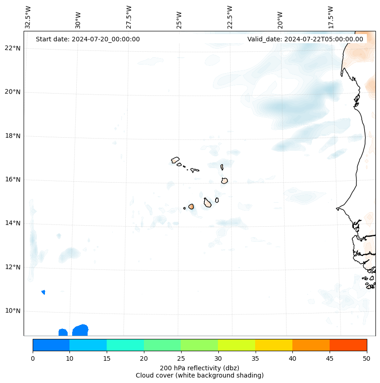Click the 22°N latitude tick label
coord(13,48)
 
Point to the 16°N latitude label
coord(13,179)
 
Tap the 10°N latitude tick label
coord(13,311)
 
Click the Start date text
coord(88,39)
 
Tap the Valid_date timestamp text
coord(305,39)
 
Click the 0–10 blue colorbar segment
coord(51,345)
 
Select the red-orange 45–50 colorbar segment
coord(348,345)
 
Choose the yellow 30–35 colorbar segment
coord(237,345)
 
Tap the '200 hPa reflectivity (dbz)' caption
coord(199,368)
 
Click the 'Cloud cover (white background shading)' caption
coord(199,375)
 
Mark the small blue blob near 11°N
coord(43,292)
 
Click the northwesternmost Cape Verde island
coord(175,160)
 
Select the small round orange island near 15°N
coord(191,206)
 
